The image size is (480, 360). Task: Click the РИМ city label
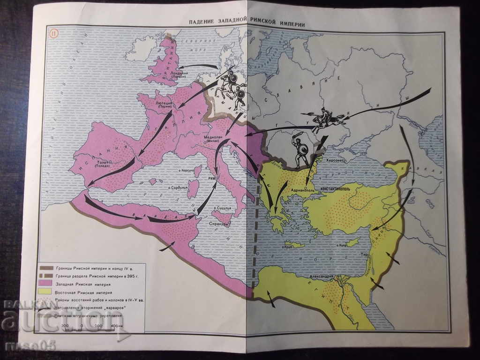click(x=211, y=178)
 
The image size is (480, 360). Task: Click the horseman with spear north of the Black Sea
click(x=322, y=118)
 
